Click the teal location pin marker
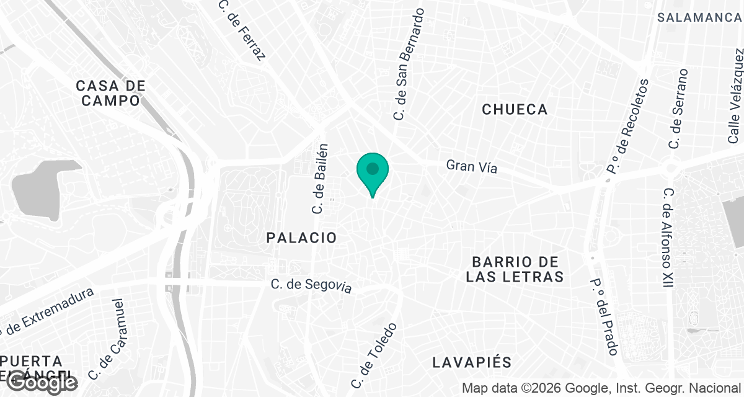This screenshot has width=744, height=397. click(x=373, y=171)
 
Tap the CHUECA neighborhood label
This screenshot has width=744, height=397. click(x=515, y=110)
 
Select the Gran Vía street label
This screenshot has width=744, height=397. click(x=472, y=166)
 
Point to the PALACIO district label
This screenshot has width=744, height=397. click(x=302, y=238)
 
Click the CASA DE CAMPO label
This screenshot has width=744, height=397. click(x=111, y=92)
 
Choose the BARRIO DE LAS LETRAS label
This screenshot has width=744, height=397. click(x=515, y=269)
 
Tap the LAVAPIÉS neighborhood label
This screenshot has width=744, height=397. click(x=472, y=362)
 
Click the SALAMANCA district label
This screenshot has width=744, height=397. click(x=699, y=17)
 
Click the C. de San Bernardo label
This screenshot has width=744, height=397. click(x=410, y=63)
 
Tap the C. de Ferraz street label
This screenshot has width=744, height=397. click(x=242, y=30)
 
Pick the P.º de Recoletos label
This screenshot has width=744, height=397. click(x=627, y=125)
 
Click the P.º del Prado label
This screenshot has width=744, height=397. click(x=604, y=316)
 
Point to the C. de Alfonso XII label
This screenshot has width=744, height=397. click(x=668, y=238)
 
